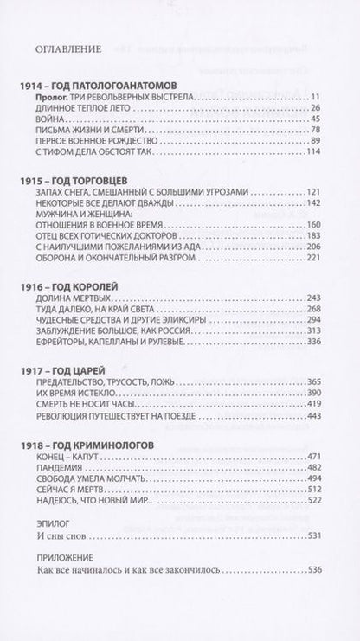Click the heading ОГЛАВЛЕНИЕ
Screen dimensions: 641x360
[x=64, y=48]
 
